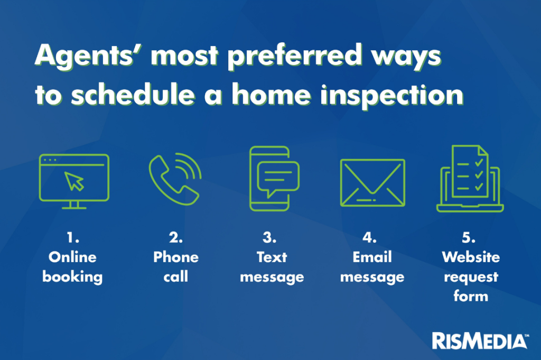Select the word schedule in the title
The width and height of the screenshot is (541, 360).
point(133,94)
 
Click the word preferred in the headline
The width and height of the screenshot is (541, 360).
point(295,56)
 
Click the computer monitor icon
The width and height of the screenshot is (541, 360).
point(74,181)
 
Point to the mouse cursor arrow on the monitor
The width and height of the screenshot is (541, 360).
point(74,181)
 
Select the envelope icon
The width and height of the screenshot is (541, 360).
point(372,182)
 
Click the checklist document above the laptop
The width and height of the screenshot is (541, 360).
point(470,171)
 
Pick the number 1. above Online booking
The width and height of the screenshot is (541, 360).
point(73,237)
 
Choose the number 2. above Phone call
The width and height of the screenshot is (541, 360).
point(176,237)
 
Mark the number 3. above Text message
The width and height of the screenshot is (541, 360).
point(269,237)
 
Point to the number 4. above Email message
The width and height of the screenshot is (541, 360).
point(369,237)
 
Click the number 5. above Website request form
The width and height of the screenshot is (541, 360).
point(469,237)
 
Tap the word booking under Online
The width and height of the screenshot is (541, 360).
point(72,277)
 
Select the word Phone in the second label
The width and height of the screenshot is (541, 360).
point(176,257)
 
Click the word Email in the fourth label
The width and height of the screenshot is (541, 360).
point(372,257)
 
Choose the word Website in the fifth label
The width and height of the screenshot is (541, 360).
point(471,257)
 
